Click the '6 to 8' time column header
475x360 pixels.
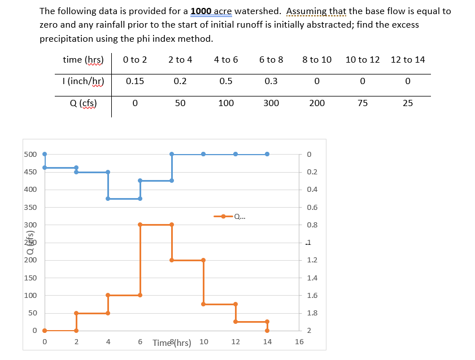271,59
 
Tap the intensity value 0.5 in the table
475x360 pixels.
226,81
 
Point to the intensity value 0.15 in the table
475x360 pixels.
134,81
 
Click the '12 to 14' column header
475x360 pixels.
408,59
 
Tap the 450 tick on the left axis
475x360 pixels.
30,172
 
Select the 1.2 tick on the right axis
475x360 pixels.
311,260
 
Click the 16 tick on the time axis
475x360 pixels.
299,341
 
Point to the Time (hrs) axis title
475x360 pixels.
172,342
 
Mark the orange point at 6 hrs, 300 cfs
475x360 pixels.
140,225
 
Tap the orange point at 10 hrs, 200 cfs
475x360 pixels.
203,260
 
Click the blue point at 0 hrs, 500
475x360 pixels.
45,154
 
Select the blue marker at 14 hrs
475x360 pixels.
267,154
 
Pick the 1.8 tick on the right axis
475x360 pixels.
311,313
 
